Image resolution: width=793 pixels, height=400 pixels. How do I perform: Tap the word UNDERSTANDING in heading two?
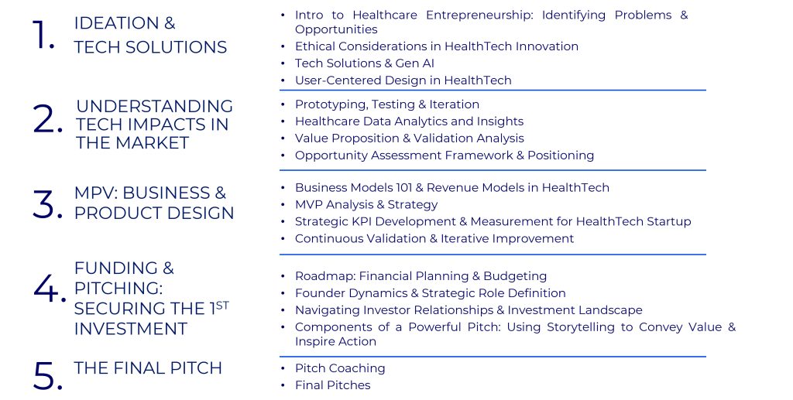(x=154, y=106)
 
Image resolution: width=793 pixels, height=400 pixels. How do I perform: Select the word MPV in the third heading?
(x=95, y=193)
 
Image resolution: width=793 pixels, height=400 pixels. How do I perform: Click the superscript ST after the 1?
(x=222, y=305)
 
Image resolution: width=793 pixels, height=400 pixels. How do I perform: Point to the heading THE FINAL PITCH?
(x=148, y=368)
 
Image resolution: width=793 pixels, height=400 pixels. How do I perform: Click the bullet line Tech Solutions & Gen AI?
(x=364, y=63)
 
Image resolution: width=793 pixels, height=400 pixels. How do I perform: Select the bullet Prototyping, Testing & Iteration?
(x=387, y=104)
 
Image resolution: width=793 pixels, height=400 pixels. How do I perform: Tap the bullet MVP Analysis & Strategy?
(x=366, y=204)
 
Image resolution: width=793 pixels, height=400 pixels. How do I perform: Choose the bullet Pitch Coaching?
(x=340, y=368)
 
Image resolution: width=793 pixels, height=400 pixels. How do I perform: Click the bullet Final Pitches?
(x=332, y=385)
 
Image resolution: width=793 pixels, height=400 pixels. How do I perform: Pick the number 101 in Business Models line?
(x=403, y=188)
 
